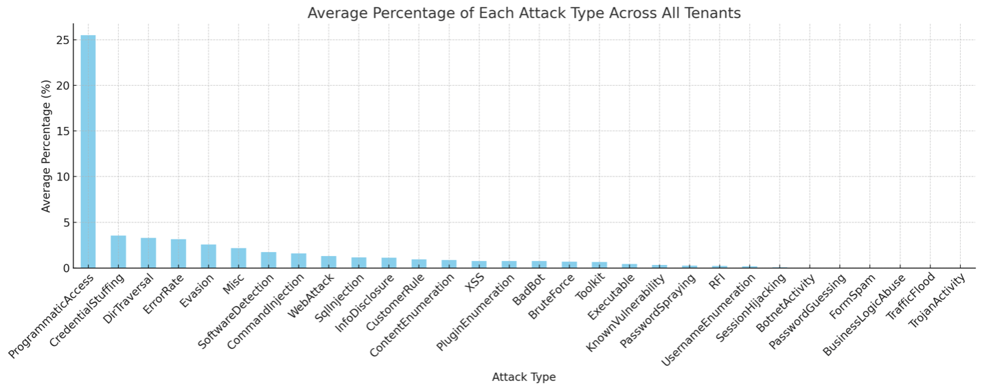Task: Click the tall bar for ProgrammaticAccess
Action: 88,151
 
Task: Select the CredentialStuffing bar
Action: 118,252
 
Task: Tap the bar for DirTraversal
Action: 148,253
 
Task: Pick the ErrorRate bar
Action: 178,253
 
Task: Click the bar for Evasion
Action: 208,256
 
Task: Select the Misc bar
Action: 238,258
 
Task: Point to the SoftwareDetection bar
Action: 269,260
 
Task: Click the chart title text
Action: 524,13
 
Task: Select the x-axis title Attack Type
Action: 524,377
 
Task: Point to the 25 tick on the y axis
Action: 62,41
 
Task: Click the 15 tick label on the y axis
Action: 62,131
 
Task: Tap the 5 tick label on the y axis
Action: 66,222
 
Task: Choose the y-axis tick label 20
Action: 62,86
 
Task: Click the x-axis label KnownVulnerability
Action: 627,313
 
